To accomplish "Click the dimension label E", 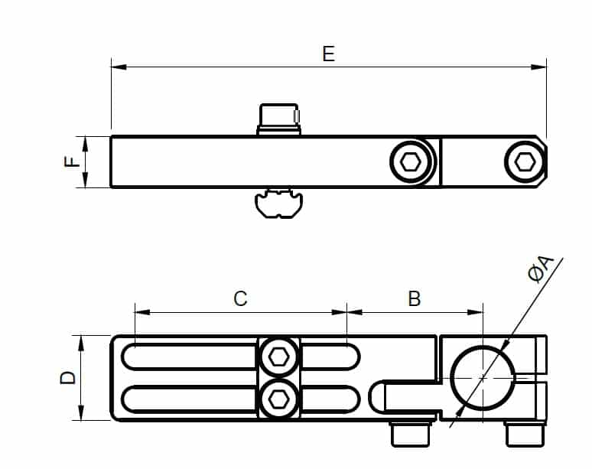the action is coord(328,54).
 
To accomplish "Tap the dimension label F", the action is coord(72,161).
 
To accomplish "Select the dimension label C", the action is coord(240,298).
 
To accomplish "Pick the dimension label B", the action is coord(415,298).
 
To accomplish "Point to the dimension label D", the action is coord(68,378).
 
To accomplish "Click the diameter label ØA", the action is coord(541,268).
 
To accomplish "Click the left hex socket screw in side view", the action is coord(411,162).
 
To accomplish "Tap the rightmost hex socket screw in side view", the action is coord(525,162).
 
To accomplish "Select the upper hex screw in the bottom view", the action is coord(279,357).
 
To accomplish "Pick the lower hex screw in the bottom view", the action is coord(279,398).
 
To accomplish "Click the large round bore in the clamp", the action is coord(483,378).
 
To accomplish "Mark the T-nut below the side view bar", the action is coord(278,203).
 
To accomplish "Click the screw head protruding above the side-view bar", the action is coord(278,119).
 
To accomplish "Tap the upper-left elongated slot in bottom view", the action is coord(189,357).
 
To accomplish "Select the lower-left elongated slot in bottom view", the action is coord(189,399).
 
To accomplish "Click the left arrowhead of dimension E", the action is coord(119,67).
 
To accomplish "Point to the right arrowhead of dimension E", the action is coord(538,67).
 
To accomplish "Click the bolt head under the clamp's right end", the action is coord(525,435).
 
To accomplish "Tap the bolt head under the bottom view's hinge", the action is coord(411,435).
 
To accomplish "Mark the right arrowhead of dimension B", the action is coord(475,312).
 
